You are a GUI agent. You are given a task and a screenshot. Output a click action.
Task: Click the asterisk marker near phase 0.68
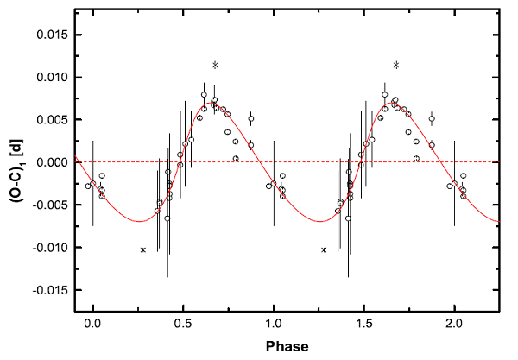point(216,65)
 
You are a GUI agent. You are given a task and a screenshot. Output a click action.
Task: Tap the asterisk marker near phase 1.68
point(396,65)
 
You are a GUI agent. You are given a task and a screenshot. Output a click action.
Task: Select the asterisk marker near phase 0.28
point(143,249)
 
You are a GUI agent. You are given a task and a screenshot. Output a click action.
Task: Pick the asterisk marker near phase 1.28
point(324,249)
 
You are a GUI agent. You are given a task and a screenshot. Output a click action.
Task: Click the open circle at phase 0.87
point(251,119)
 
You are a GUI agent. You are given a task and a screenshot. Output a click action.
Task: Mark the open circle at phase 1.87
point(432,119)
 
